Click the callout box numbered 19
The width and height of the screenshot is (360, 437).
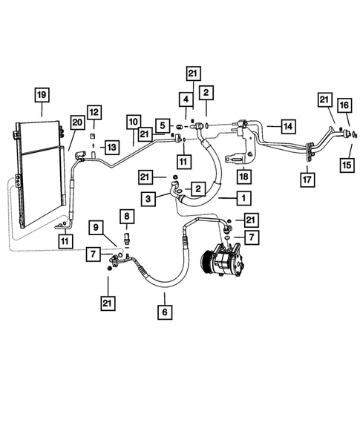point(42,94)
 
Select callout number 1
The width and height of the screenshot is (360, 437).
point(242,199)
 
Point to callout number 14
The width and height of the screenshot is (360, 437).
point(287,125)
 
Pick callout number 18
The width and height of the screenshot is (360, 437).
point(243,176)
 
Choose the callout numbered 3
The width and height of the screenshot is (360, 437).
point(149,200)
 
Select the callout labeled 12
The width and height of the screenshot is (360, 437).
point(94,112)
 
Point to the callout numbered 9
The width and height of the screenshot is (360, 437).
point(96,226)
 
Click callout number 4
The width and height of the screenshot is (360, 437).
point(185,99)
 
